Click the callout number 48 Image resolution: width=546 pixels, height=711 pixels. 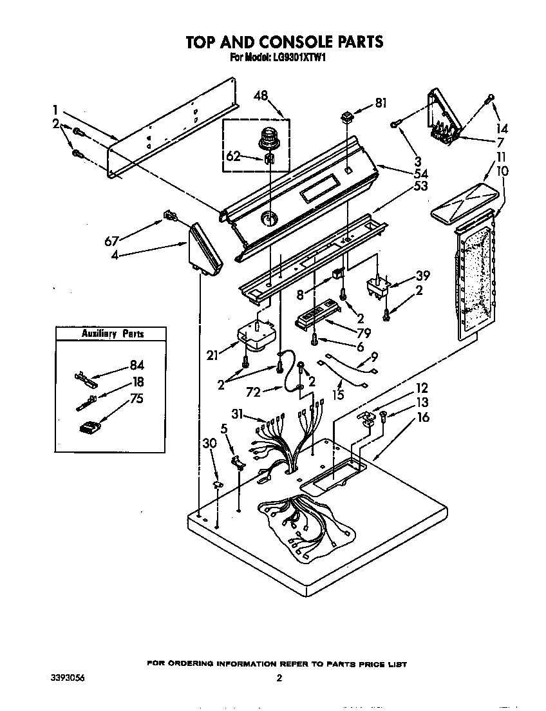tap(261, 95)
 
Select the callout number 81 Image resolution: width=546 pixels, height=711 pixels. tap(382, 103)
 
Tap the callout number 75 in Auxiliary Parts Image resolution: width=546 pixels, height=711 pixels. tap(136, 398)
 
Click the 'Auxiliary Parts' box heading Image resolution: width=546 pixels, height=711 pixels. tap(112, 334)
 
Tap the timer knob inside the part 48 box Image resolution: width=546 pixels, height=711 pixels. tap(267, 139)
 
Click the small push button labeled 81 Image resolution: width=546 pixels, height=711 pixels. tap(348, 117)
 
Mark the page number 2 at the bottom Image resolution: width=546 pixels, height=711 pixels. tap(279, 678)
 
